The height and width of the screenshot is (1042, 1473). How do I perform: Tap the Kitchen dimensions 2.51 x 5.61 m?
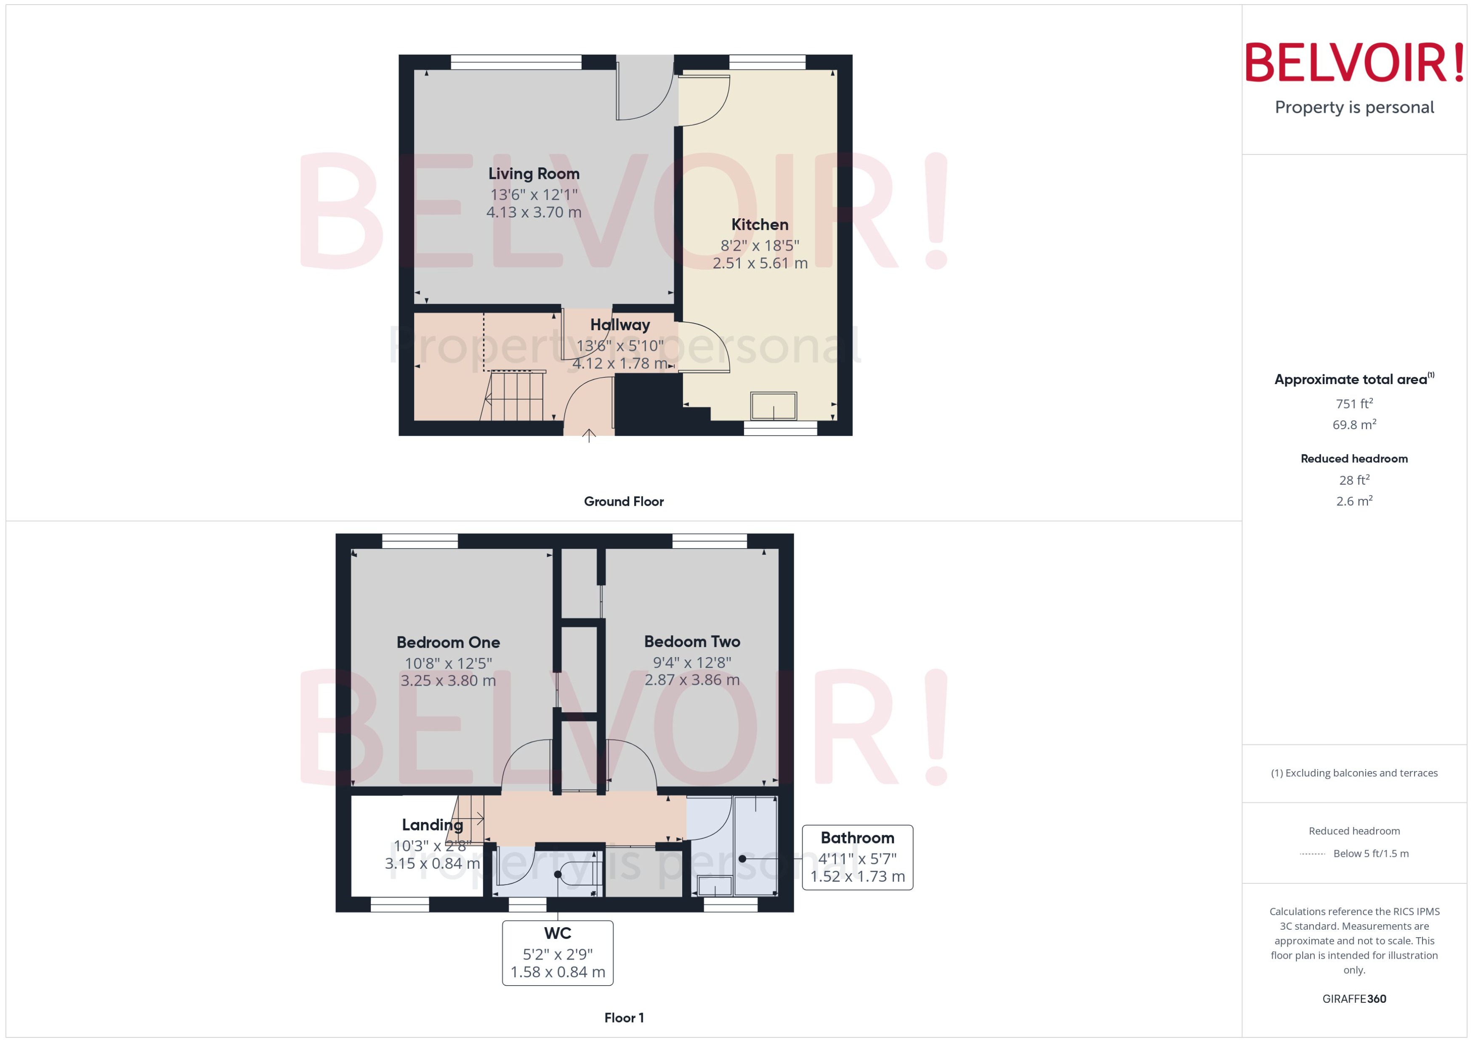point(760,263)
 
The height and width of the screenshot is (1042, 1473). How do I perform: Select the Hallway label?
point(620,325)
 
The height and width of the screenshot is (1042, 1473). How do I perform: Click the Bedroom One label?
point(448,642)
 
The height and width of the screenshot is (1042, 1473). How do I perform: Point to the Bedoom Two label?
point(692,642)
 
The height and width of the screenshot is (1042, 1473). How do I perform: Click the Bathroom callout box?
point(857,857)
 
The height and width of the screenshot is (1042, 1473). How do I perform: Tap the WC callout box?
point(557,953)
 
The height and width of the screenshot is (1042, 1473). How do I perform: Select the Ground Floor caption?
point(623,502)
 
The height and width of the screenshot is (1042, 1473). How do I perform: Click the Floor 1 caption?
point(623,1018)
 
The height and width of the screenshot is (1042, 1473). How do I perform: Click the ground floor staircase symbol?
point(515,396)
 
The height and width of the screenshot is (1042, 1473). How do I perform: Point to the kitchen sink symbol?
point(774,406)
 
